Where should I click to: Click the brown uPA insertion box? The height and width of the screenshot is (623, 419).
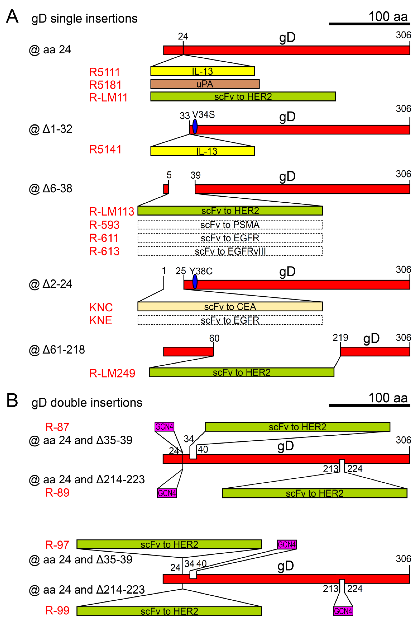point(205,84)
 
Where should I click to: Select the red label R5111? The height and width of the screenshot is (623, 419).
point(104,72)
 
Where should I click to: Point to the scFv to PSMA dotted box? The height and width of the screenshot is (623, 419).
point(230,224)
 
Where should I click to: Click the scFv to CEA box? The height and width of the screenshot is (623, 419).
point(230,307)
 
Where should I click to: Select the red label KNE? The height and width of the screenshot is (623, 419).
point(100,320)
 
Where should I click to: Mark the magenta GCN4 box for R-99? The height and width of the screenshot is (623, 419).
point(343,611)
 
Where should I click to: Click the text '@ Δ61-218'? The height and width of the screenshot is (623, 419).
point(57,350)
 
